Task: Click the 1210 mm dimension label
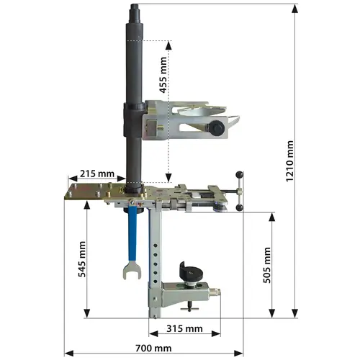pyautogui.click(x=290, y=161)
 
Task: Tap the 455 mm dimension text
pyautogui.click(x=163, y=75)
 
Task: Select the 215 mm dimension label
pyautogui.click(x=97, y=174)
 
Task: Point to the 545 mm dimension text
pyautogui.click(x=82, y=259)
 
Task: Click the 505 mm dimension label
pyautogui.click(x=267, y=265)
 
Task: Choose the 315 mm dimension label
pyautogui.click(x=184, y=328)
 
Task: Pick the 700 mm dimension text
pyautogui.click(x=153, y=348)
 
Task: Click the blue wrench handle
pyautogui.click(x=132, y=233)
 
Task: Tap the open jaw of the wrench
pyautogui.click(x=132, y=271)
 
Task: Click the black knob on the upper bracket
pyautogui.click(x=217, y=127)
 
